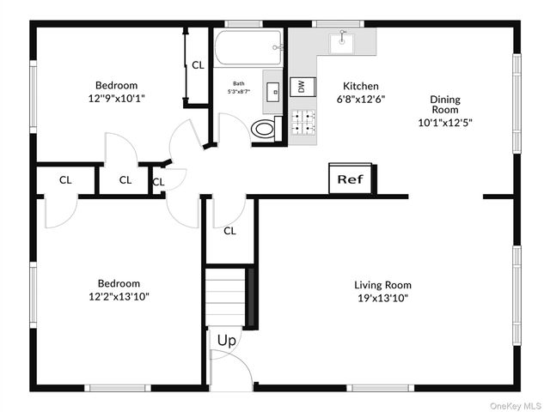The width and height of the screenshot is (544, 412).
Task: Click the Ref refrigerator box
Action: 351,179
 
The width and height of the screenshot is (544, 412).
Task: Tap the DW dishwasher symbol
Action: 303,87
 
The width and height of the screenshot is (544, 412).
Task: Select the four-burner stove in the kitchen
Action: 303,123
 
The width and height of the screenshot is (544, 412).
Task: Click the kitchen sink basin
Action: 342,43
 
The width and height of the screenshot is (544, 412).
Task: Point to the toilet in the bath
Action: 266,129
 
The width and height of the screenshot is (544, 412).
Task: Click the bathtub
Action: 248,47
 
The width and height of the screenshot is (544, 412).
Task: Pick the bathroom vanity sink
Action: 274,92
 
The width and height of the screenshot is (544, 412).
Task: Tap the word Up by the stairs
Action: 227,341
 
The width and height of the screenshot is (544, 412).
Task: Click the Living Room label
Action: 382,285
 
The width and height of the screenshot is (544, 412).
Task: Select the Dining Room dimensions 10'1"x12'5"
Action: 445,123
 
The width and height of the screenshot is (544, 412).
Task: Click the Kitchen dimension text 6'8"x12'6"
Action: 361,100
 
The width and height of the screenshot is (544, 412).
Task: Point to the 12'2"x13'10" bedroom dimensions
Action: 119,297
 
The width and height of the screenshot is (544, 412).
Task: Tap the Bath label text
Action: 239,83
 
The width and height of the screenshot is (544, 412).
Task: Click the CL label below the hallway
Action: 229,231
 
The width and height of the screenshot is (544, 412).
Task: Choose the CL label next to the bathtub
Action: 199,65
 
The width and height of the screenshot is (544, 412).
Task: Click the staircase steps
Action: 226,297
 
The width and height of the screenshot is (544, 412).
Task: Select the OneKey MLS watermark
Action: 515,406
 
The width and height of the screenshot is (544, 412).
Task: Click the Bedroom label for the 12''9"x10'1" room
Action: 117,85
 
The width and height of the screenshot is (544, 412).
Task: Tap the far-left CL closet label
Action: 65,180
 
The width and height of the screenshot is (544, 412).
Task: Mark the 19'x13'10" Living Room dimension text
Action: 383,298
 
